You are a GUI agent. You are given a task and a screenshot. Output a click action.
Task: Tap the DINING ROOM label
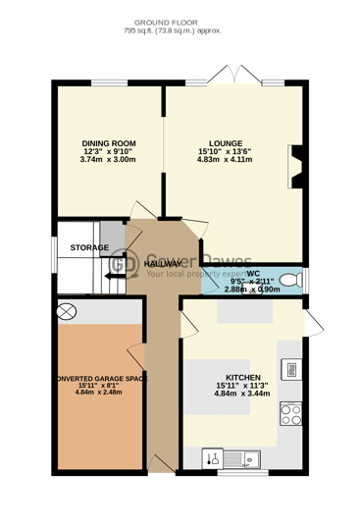(x=107, y=143)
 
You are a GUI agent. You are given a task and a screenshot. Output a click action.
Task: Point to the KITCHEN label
(x=243, y=377)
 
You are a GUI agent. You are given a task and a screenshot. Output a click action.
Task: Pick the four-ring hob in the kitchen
(x=290, y=416)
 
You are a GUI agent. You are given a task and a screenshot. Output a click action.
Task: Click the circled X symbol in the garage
(x=67, y=311)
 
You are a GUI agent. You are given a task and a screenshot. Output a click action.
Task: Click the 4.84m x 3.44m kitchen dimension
(x=243, y=395)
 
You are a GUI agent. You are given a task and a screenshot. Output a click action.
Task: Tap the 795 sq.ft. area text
(x=180, y=30)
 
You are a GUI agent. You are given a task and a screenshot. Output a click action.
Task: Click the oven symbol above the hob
(x=290, y=368)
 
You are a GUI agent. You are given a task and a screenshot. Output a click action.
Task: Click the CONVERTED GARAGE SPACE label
(x=102, y=377)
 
